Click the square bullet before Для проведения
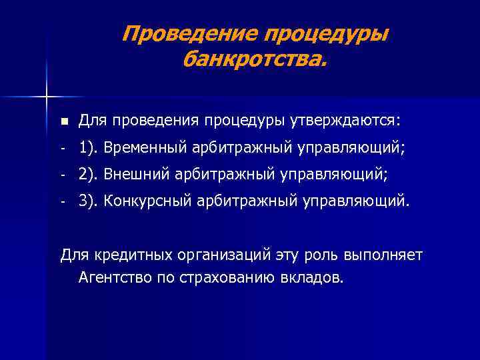63,121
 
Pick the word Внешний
146,174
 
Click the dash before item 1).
62,148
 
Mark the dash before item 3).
62,201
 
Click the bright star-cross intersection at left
47,97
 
